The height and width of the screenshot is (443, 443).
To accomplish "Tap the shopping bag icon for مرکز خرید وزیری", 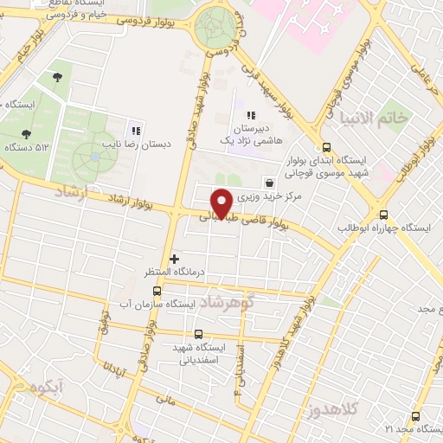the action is pyautogui.click(x=270, y=183).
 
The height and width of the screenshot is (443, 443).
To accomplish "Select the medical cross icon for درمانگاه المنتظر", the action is pyautogui.click(x=176, y=258).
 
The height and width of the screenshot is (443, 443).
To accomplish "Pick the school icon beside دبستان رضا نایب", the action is pyautogui.click(x=135, y=130).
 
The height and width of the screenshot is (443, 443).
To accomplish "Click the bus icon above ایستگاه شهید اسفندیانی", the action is pyautogui.click(x=198, y=334).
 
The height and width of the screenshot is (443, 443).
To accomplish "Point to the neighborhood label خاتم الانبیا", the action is pyautogui.click(x=373, y=117).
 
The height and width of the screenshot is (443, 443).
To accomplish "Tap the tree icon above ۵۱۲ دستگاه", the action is pyautogui.click(x=26, y=133).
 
